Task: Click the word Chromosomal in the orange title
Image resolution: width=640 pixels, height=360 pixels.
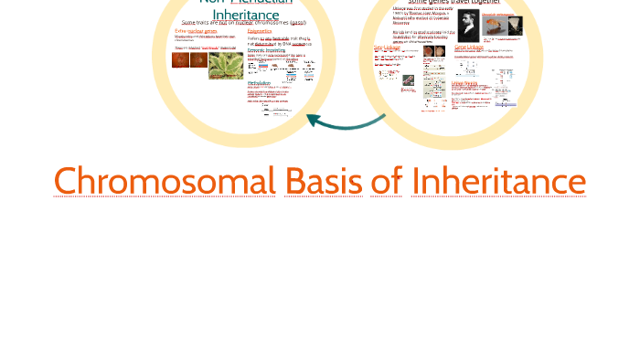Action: click(165, 182)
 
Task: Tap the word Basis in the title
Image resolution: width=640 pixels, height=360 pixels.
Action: click(324, 182)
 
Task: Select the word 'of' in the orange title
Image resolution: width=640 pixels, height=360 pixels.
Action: click(387, 182)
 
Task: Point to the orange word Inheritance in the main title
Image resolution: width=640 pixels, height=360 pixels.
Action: click(498, 182)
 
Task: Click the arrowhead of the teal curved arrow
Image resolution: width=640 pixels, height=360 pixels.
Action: click(313, 119)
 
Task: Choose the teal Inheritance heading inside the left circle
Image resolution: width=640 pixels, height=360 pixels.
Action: click(245, 16)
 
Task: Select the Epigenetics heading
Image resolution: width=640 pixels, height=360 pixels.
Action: click(260, 31)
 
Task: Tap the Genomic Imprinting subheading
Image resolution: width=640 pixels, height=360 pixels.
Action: click(267, 49)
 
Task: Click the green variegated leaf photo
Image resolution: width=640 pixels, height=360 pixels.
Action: click(226, 64)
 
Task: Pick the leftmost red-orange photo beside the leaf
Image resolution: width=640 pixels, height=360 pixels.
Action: click(181, 61)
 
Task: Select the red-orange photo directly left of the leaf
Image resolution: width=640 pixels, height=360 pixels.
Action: click(198, 61)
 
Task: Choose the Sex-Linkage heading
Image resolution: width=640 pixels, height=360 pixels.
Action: click(388, 48)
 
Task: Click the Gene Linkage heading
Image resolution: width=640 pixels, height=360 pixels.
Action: click(468, 47)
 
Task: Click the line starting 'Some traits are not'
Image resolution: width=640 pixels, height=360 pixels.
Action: click(242, 23)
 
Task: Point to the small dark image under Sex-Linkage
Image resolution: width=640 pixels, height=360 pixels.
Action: click(408, 80)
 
